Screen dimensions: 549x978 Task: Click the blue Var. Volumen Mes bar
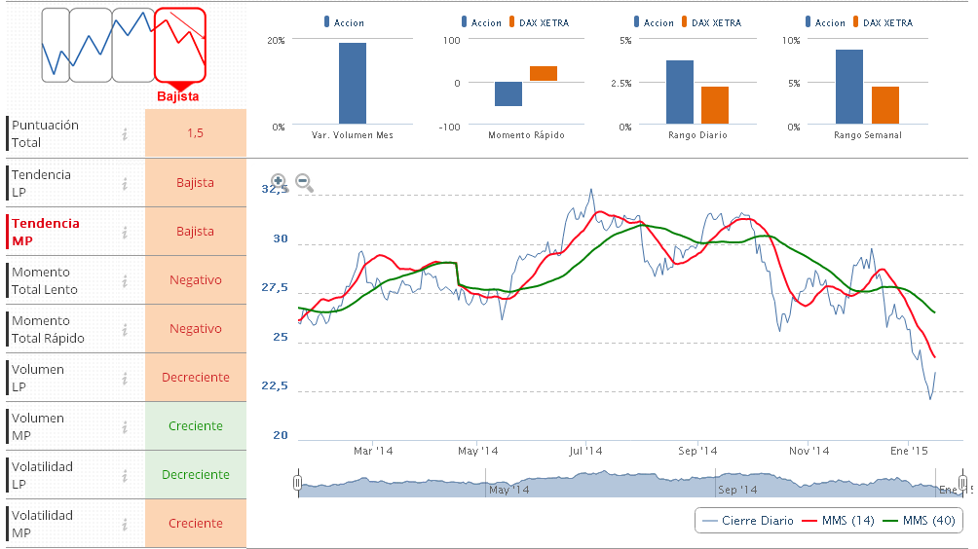coord(353,84)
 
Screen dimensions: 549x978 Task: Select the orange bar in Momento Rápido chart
coord(544,74)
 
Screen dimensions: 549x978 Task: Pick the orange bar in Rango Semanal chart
coord(885,106)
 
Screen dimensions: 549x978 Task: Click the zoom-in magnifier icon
coord(279,181)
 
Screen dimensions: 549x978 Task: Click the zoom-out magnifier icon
coord(303,181)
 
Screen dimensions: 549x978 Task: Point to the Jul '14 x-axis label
coord(586,451)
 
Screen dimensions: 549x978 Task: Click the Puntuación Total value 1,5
coord(196,133)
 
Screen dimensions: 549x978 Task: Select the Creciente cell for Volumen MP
coord(196,425)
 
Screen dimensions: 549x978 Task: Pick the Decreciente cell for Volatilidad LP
coord(196,474)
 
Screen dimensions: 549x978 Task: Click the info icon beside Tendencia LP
coord(125,183)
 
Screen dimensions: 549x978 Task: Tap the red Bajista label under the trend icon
coord(178,96)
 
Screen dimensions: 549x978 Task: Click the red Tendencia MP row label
coord(46,232)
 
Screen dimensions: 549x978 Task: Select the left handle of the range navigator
coord(297,482)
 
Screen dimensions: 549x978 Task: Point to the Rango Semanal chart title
coord(867,135)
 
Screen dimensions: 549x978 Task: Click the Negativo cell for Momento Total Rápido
coord(196,328)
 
